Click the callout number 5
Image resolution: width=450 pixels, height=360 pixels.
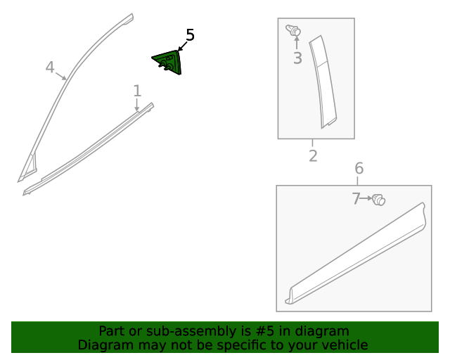[190, 35]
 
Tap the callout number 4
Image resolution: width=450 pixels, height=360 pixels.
[50, 67]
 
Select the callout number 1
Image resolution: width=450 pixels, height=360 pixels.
[137, 90]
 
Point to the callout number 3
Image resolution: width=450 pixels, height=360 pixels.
[297, 58]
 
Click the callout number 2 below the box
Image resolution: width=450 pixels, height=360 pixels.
[313, 155]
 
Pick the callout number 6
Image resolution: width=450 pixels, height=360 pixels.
[359, 168]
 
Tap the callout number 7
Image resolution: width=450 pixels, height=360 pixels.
[356, 199]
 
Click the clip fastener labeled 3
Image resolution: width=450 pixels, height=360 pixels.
[294, 30]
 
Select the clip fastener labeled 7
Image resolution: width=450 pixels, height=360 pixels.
[379, 200]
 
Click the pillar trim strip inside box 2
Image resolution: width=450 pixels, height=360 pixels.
[324, 82]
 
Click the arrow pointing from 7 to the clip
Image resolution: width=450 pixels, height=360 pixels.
[366, 199]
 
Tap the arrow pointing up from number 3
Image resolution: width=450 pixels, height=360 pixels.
[296, 44]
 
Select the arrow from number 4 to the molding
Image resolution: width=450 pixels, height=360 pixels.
[61, 75]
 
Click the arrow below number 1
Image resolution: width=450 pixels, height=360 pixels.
[137, 105]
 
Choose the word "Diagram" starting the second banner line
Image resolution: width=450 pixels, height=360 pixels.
[103, 345]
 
